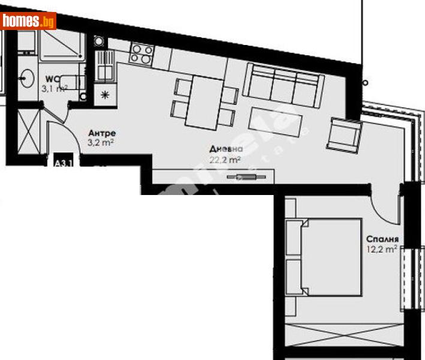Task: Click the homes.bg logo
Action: pyautogui.click(x=29, y=21)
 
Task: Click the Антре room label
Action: pyautogui.click(x=101, y=133)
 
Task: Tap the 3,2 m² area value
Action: pyautogui.click(x=101, y=143)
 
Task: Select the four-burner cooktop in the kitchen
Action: pyautogui.click(x=141, y=54)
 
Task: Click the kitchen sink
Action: pyautogui.click(x=105, y=64)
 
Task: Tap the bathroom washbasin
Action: pyautogui.click(x=26, y=77)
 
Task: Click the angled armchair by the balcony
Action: pyautogui.click(x=343, y=133)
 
